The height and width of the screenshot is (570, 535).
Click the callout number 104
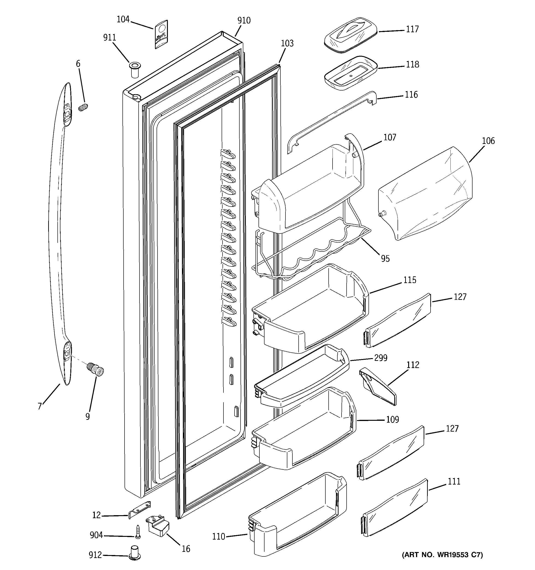[x=123, y=20]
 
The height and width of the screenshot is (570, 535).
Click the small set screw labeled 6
[x=83, y=108]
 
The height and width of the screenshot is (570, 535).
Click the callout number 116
[x=411, y=95]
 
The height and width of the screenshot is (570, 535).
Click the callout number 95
[x=385, y=259]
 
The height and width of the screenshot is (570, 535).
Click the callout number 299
[x=381, y=358]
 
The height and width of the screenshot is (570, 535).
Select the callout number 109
[x=392, y=419]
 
